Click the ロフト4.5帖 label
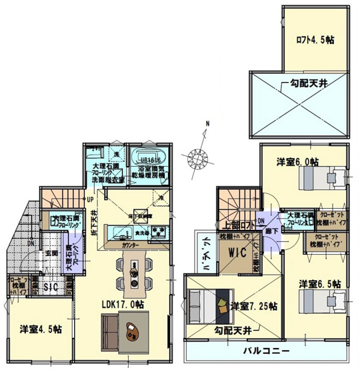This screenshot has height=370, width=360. coord(315,39)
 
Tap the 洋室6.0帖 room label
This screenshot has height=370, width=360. coord(298,161)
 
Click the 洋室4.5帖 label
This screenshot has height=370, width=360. coord(41,329)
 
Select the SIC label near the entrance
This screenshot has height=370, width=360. coord(50,287)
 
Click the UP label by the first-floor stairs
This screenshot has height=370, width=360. coord(90,199)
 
